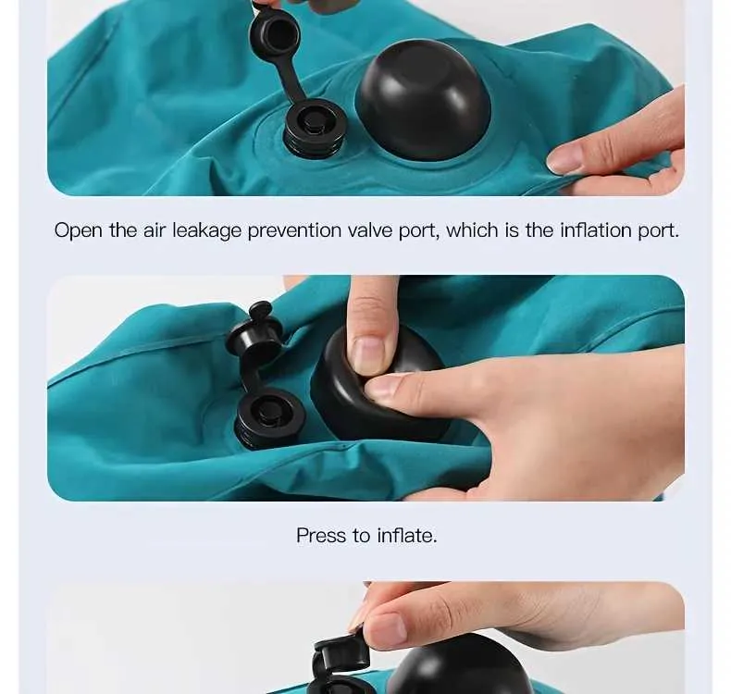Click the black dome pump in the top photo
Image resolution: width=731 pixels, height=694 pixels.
423,99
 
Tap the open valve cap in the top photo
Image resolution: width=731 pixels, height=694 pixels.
275,33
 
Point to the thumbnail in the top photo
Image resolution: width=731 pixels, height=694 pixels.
565,159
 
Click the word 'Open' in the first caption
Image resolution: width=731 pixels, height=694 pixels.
78,230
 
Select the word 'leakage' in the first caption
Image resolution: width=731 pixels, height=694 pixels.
207,230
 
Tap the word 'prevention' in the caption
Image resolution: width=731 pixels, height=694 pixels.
294,230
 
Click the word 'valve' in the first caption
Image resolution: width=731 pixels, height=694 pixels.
370,230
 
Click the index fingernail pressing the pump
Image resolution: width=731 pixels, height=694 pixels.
369,355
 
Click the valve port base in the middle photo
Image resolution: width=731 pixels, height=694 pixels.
266,418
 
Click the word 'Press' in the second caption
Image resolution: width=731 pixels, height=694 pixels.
321,536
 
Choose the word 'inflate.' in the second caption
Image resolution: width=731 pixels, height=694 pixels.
407,536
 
